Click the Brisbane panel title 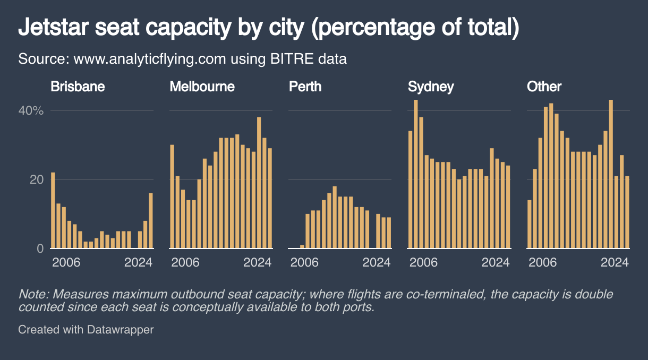coord(78,87)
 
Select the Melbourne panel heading coord(202,87)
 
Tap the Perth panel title coord(305,87)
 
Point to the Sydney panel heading coord(431,87)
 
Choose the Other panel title coord(544,87)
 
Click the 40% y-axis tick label coord(31,111)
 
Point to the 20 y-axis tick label coord(37,179)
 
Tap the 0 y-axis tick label coord(40,248)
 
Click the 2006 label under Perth coord(304,262)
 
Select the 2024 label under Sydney coord(496,262)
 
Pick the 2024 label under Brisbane coord(139,262)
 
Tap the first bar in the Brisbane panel coord(53,210)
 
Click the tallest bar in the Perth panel coord(335,217)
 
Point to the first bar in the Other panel coord(530,224)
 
